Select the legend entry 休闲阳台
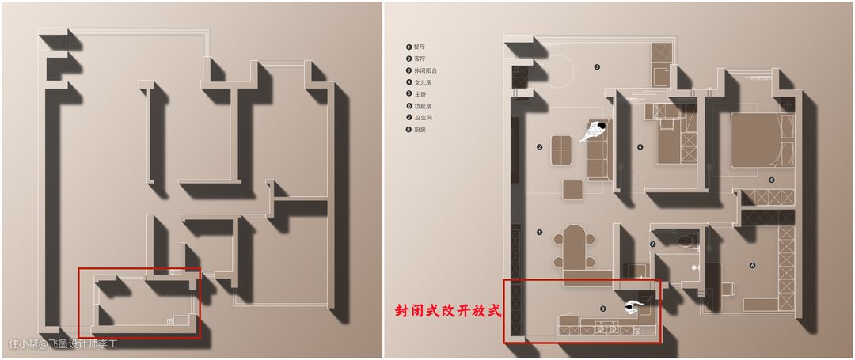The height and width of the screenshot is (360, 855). coord(423,70)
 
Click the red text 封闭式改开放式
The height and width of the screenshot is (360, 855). coord(449,311)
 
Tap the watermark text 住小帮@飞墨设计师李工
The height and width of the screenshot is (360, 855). coord(63,344)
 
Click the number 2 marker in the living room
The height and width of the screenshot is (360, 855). coord(539,146)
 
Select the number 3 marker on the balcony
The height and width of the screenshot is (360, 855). coord(597,67)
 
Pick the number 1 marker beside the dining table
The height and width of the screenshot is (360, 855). coord(539,233)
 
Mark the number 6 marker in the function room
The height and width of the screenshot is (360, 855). coord(751,265)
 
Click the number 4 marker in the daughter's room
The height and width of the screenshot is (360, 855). coord(640,146)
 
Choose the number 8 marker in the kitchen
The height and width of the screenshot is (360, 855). coord(603,308)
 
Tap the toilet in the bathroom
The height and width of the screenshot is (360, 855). coord(684,240)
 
